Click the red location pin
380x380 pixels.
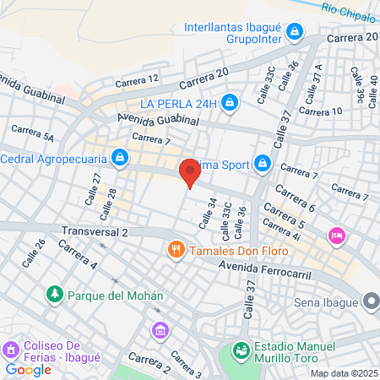[x=189, y=172]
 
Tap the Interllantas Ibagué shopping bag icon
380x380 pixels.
[x=295, y=32]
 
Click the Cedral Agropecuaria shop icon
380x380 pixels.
[x=121, y=157]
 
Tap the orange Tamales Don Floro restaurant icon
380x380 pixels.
[x=176, y=250]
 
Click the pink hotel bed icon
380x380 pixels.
[x=337, y=235]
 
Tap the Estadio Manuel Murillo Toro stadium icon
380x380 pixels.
[x=241, y=348]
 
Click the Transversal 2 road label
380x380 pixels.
[x=95, y=231]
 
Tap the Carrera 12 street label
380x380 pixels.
[x=138, y=80]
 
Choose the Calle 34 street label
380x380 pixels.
[x=203, y=214]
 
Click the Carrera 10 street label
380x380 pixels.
[x=321, y=111]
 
